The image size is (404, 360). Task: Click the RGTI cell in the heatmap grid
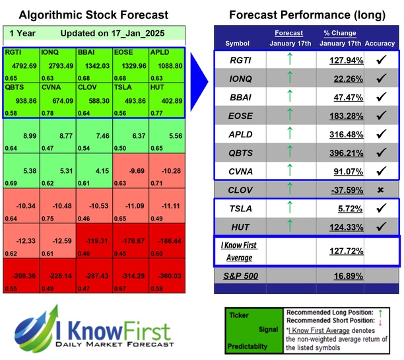pos(20,63)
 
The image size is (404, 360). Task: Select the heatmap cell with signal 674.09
pos(58,100)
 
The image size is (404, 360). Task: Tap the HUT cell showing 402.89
pos(166,100)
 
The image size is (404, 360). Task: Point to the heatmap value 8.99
pos(20,135)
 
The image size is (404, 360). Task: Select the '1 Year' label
pos(22,33)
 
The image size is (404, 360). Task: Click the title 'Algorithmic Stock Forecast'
pos(94,15)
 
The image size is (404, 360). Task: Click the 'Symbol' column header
pos(237,43)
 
